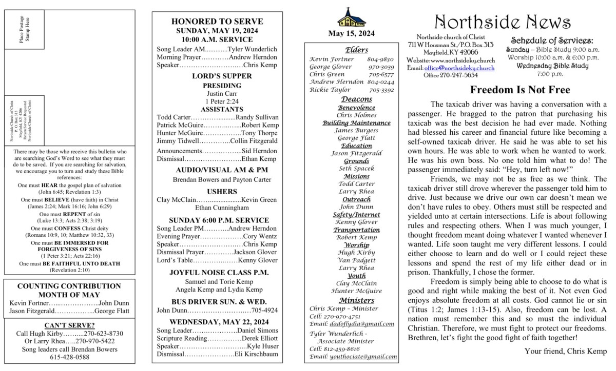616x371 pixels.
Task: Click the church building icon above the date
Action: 352,19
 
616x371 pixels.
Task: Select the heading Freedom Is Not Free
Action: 520,90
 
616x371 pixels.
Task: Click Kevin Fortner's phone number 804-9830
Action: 381,59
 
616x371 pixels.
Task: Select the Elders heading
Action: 352,50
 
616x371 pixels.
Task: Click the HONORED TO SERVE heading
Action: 217,22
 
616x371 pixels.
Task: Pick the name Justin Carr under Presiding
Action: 218,94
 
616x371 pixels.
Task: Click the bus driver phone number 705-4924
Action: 265,310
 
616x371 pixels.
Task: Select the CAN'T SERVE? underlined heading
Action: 69,325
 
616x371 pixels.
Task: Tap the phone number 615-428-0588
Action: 69,357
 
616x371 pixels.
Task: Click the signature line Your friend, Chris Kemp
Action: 566,351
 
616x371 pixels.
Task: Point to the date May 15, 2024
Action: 352,34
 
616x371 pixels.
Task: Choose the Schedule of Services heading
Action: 552,40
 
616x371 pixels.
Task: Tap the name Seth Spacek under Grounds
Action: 352,169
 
